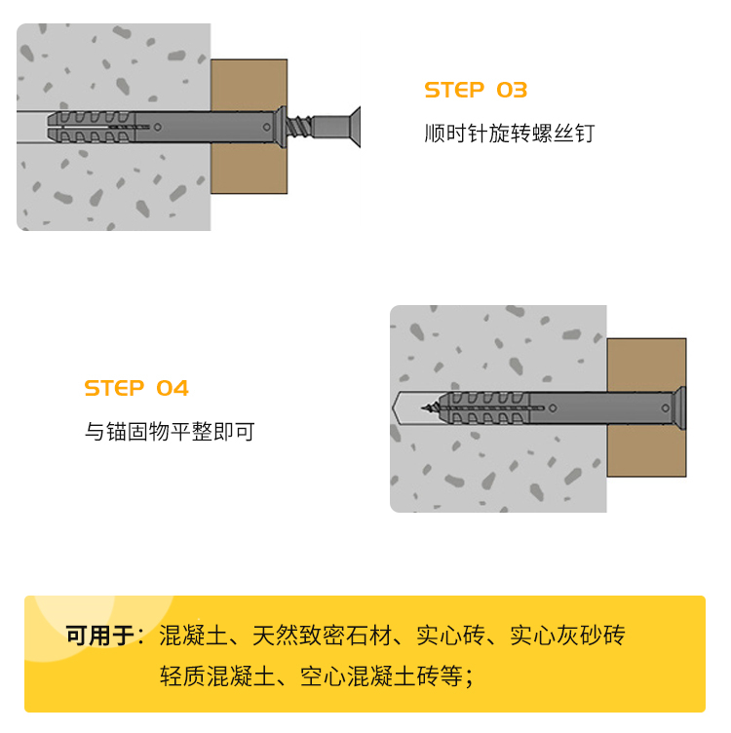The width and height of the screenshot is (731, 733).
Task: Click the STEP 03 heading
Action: (476, 90)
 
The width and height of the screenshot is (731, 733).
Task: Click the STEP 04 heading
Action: (136, 388)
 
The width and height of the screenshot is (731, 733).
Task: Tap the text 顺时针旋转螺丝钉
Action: (510, 134)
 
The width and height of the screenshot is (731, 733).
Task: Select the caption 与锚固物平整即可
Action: (170, 431)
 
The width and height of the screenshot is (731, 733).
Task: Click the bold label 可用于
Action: (100, 635)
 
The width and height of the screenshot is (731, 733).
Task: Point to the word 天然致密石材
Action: (322, 635)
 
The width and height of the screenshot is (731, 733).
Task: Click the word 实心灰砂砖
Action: (567, 635)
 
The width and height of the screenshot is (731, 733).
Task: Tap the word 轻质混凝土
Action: (217, 675)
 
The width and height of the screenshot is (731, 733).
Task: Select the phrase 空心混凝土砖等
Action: (381, 675)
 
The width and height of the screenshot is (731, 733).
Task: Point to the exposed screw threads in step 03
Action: (299, 126)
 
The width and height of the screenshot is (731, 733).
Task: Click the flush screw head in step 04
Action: (680, 408)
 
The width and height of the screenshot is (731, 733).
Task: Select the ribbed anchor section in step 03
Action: (92, 126)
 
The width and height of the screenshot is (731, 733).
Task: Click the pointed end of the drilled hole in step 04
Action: (393, 408)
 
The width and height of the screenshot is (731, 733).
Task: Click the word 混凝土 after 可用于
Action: (194, 635)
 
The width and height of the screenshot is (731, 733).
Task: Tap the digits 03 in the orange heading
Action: (512, 90)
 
